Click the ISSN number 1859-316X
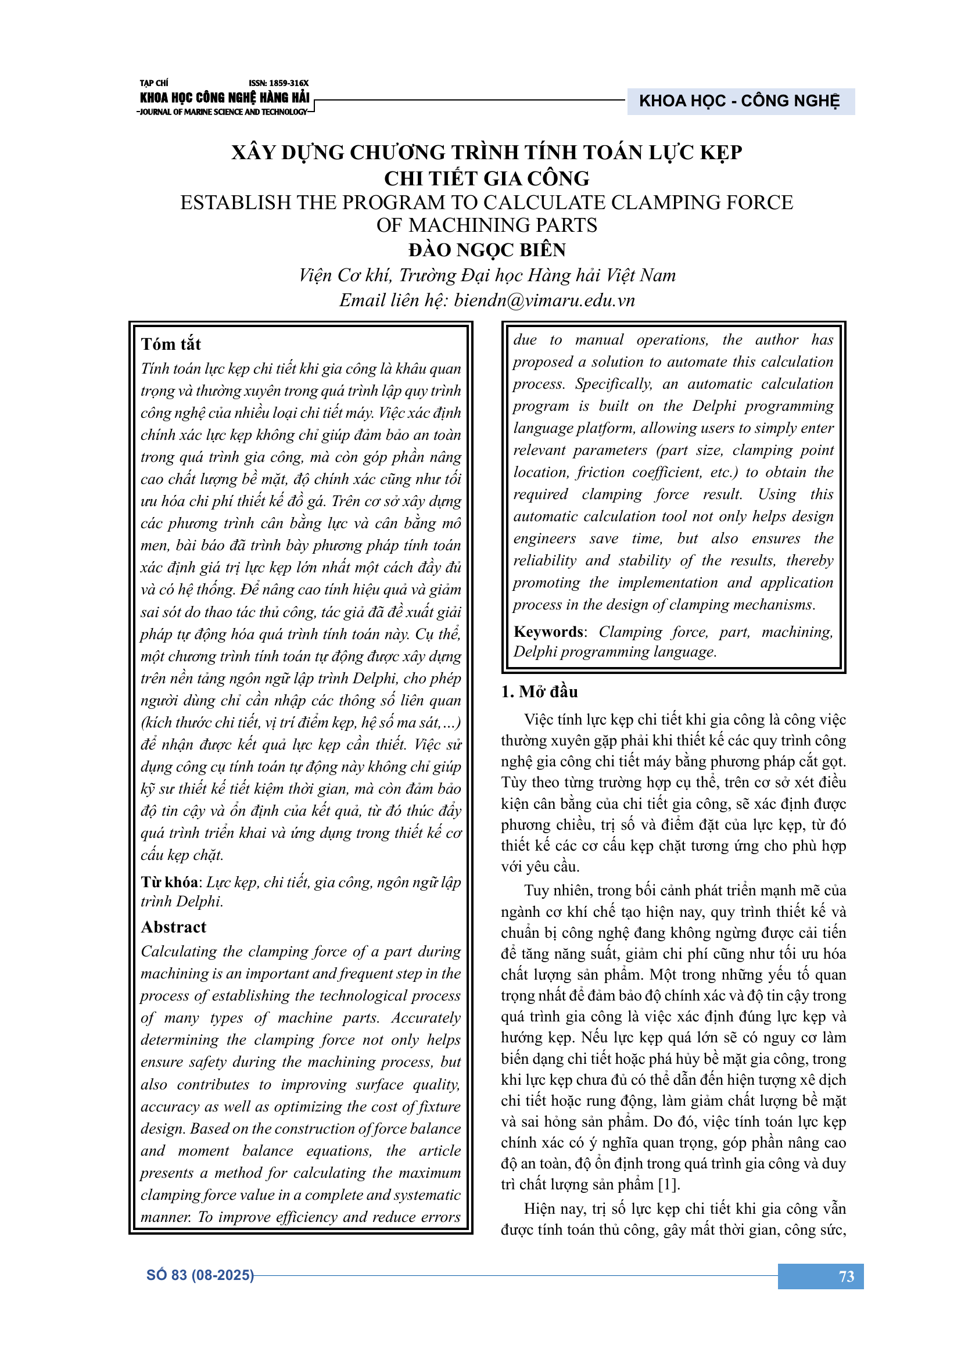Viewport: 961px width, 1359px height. coord(278,84)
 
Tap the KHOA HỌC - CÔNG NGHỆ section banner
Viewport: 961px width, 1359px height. coord(739,101)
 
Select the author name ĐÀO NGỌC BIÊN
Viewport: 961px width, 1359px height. coord(486,250)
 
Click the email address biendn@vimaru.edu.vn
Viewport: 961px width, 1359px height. coord(544,301)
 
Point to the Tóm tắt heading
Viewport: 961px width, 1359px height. coord(171,345)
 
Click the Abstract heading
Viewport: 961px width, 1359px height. coord(173,927)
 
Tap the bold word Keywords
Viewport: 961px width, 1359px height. coord(548,632)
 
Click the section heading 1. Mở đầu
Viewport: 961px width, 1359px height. coord(539,691)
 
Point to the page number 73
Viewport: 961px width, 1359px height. coord(846,1276)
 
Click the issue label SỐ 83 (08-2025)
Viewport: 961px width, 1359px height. coord(200,1275)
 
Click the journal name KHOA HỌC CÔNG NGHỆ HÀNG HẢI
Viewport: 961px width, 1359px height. coord(224,98)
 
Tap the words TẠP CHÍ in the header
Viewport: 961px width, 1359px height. coord(154,84)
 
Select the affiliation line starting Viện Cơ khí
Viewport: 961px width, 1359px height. coord(486,276)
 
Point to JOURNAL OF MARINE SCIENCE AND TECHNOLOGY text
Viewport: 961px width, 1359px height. coord(224,112)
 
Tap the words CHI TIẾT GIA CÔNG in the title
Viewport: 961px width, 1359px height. coord(486,179)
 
